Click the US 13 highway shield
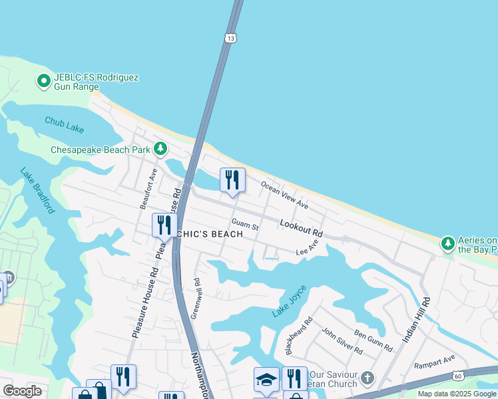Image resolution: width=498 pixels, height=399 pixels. tap(230, 39)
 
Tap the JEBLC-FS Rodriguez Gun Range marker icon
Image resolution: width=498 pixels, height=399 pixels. tap(44, 82)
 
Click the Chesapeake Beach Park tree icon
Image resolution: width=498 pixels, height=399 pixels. tap(160, 149)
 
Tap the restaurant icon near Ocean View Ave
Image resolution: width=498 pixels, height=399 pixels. tap(232, 180)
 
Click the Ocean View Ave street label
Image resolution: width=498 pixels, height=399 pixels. tap(284, 194)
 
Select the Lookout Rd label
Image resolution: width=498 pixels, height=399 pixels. tap(301, 229)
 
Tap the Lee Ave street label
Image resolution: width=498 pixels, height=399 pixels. tap(307, 248)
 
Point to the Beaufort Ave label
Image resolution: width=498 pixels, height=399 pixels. tap(148, 189)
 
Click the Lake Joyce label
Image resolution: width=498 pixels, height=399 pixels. tap(288, 303)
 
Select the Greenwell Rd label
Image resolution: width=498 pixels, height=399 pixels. tap(195, 299)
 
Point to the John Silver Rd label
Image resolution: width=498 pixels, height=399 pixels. tap(342, 341)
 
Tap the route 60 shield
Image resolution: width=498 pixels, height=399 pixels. tap(458, 376)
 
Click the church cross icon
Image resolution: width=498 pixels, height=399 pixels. tap(367, 380)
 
